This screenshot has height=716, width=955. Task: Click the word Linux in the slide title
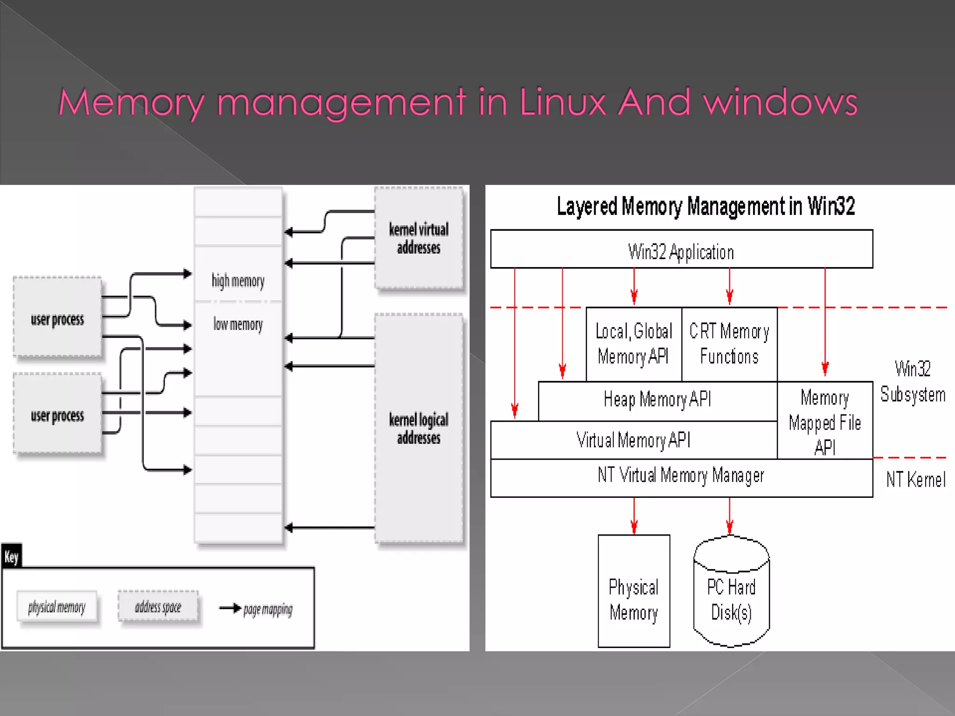click(562, 102)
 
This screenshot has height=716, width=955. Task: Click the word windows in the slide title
click(780, 102)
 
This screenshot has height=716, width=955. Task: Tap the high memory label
click(238, 281)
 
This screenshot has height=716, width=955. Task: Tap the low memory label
click(238, 324)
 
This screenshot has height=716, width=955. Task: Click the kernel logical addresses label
click(419, 428)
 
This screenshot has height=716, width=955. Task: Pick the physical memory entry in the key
click(57, 607)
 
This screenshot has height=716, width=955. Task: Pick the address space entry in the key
click(158, 607)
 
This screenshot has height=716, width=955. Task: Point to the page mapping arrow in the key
click(230, 608)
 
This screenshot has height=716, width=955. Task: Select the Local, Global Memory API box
click(634, 344)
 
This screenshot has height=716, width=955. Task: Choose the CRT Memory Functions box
click(729, 344)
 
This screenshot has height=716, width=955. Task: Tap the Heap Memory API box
click(657, 400)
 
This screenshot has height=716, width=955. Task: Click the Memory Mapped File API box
click(824, 422)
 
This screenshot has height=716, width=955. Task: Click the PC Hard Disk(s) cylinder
click(731, 599)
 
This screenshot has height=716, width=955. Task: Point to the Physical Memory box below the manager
click(634, 599)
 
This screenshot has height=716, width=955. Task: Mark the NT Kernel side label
click(915, 480)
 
